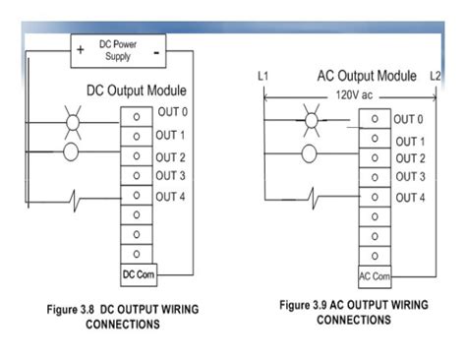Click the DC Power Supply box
pyautogui.click(x=118, y=50)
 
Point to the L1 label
pyautogui.click(x=262, y=76)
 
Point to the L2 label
pyautogui.click(x=436, y=76)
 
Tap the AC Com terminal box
pyautogui.click(x=375, y=275)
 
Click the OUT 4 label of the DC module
pyautogui.click(x=171, y=195)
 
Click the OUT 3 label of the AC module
pyautogui.click(x=410, y=177)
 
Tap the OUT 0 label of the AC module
pyautogui.click(x=410, y=119)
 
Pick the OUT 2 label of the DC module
pyautogui.click(x=171, y=155)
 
